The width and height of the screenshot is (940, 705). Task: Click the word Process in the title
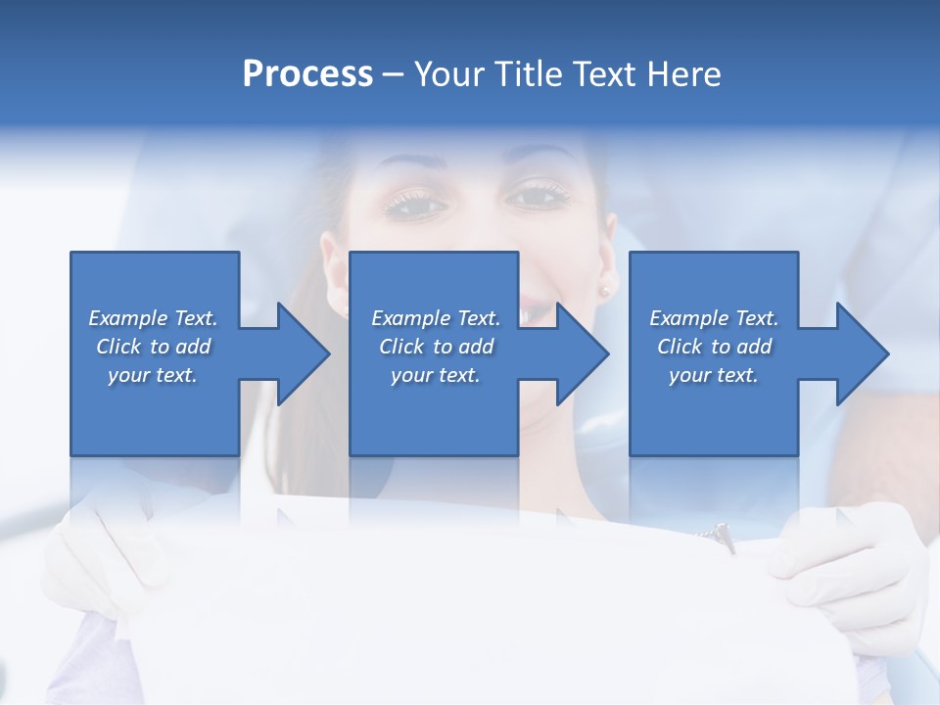point(307,74)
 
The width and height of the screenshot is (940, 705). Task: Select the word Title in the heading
point(526,74)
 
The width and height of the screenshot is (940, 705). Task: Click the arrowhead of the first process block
point(304,353)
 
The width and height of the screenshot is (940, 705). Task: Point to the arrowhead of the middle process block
point(583,353)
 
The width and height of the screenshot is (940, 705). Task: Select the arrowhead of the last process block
point(863,353)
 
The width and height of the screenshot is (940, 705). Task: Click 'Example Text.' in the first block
point(153,318)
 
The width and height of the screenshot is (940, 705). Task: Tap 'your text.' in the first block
point(153,375)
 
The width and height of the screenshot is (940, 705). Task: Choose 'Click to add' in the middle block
point(436,347)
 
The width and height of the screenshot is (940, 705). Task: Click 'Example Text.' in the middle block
point(436,318)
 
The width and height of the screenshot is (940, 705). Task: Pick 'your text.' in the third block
point(714,375)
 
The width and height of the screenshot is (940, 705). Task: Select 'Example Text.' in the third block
point(714,318)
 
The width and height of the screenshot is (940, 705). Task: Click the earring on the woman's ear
point(604,290)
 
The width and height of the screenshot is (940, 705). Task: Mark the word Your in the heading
point(448,74)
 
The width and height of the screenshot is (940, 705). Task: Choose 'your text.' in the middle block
point(436,375)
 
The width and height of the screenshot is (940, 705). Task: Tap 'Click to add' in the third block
point(714,347)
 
